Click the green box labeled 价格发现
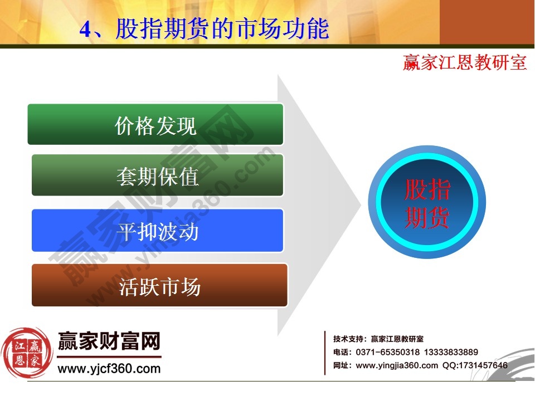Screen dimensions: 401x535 pos(155,124)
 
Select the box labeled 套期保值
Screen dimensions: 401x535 pos(157,175)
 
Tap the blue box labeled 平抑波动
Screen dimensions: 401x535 pos(157,231)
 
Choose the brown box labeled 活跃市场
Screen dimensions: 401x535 pos(159,286)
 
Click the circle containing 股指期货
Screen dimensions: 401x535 pos(427,204)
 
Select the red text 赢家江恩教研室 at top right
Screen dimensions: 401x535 pos(465,62)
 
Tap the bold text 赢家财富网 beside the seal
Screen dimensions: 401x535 pos(109,341)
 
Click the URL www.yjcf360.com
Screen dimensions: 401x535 pos(109,369)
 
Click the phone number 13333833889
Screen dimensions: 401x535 pos(451,352)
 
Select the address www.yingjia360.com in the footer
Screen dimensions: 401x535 pos(397,365)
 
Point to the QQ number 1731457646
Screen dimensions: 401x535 pos(483,365)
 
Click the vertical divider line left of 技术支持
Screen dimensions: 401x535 pos(325,353)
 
